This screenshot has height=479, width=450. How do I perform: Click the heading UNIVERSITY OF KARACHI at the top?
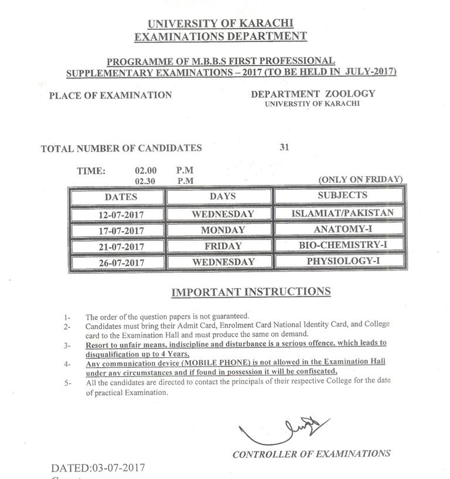click(x=220, y=24)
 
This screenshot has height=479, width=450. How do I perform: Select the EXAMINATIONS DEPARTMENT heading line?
click(x=220, y=36)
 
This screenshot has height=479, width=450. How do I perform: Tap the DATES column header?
click(x=121, y=197)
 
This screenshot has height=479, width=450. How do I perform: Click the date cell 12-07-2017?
click(x=121, y=214)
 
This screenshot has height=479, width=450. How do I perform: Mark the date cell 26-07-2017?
click(x=121, y=262)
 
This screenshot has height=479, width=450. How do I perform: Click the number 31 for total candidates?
click(x=284, y=148)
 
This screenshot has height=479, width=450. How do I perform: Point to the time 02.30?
click(x=145, y=181)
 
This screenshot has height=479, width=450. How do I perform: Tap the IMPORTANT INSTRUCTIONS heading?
click(x=251, y=292)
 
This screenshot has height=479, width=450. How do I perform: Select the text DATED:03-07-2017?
click(x=97, y=468)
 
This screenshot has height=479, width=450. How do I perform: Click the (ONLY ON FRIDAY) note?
click(x=360, y=179)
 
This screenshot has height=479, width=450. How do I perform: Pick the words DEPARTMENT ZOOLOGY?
click(x=313, y=94)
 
